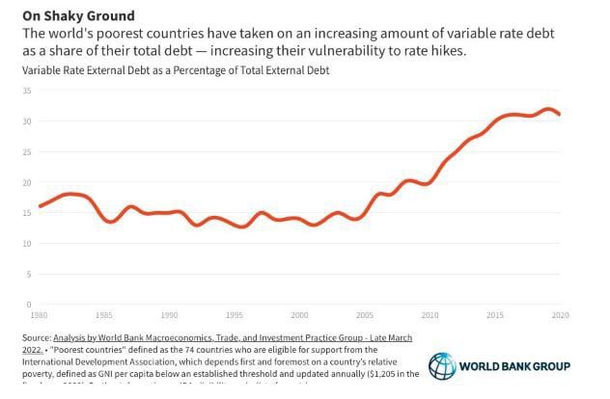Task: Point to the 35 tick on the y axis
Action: pyautogui.click(x=27, y=91)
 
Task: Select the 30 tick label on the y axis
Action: pyautogui.click(x=27, y=121)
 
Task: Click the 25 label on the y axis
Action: pyautogui.click(x=27, y=152)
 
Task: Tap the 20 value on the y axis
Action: pyautogui.click(x=27, y=183)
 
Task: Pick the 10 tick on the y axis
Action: pyautogui.click(x=27, y=244)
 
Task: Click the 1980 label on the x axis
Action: pyautogui.click(x=40, y=314)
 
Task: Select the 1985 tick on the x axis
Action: pyautogui.click(x=104, y=314)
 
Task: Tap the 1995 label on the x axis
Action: pyautogui.click(x=235, y=314)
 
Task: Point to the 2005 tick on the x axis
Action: pyautogui.click(x=365, y=314)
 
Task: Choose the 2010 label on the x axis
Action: pyautogui.click(x=430, y=314)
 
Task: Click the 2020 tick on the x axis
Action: pyautogui.click(x=561, y=314)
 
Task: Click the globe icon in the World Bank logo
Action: pyautogui.click(x=443, y=366)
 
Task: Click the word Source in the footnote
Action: pyautogui.click(x=37, y=338)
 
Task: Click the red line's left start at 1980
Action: pyautogui.click(x=40, y=206)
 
